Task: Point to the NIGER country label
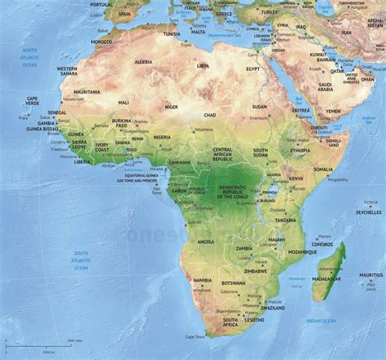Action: (171, 107)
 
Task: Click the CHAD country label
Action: (211, 116)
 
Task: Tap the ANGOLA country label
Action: (206, 241)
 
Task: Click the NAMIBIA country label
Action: (201, 281)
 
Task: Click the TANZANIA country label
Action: (285, 220)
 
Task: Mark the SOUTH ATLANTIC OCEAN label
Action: (81, 260)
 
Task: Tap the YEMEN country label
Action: (334, 110)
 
